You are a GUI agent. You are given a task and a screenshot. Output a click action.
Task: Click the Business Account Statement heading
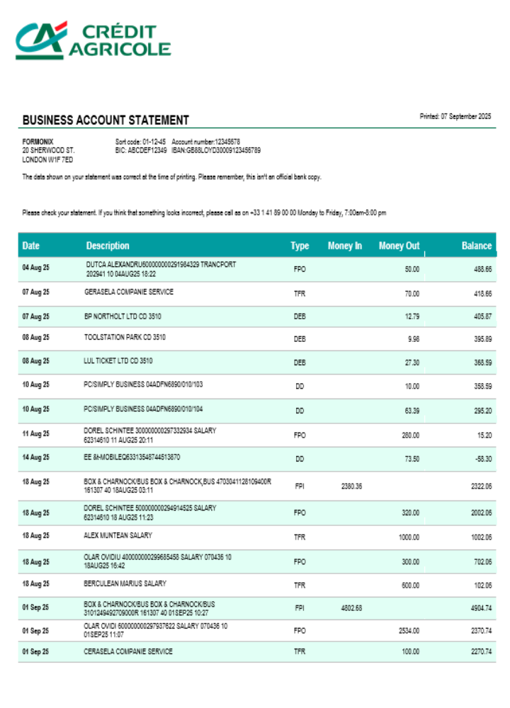[x=106, y=120]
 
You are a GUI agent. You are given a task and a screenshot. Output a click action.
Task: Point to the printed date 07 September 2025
[x=455, y=116]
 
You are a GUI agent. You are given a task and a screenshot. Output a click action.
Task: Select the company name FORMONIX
[x=38, y=142]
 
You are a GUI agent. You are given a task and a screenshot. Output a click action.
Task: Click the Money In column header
[x=345, y=246]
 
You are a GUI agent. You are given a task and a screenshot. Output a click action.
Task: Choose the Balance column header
[x=476, y=246]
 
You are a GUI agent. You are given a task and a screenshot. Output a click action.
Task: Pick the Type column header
[x=300, y=246]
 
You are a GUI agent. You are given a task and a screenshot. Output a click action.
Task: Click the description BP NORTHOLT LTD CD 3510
[x=117, y=316]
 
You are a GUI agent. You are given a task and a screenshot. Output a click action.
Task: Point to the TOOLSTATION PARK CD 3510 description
[x=125, y=338]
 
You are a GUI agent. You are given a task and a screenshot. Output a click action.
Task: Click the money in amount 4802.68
[x=351, y=607]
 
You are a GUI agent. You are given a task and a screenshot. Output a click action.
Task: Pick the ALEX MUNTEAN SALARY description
[x=118, y=535]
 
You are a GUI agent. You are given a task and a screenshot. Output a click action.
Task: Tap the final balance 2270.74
[x=480, y=651]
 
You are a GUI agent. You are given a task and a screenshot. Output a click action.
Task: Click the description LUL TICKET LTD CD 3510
[x=118, y=360]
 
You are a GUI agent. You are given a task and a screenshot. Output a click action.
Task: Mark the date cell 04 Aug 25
[x=35, y=267]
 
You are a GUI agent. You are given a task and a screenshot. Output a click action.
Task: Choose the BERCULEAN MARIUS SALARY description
[x=125, y=583]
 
